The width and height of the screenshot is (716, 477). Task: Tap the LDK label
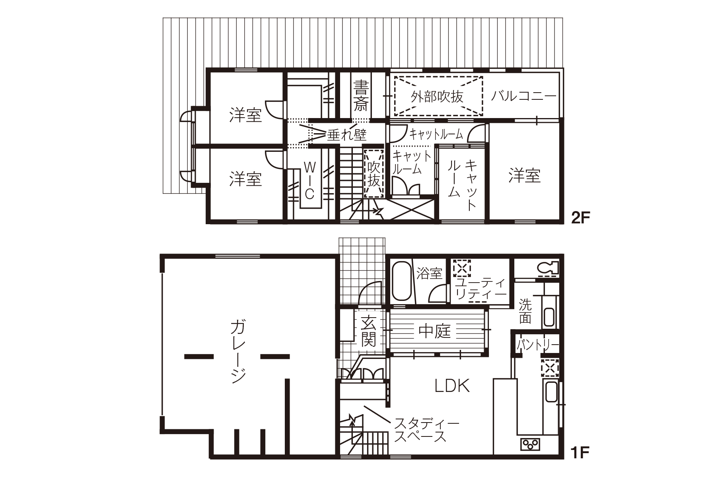click(452, 386)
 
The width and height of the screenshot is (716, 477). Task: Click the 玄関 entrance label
click(368, 331)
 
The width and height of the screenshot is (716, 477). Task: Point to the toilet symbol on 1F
click(547, 269)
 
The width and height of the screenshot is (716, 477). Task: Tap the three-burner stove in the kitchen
click(530, 443)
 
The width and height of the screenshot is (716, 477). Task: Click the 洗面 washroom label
click(525, 311)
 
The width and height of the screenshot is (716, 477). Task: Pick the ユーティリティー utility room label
click(481, 289)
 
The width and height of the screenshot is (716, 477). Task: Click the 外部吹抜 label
click(438, 97)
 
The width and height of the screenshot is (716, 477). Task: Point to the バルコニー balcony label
click(523, 97)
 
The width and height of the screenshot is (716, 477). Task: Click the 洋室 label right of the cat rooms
click(524, 175)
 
